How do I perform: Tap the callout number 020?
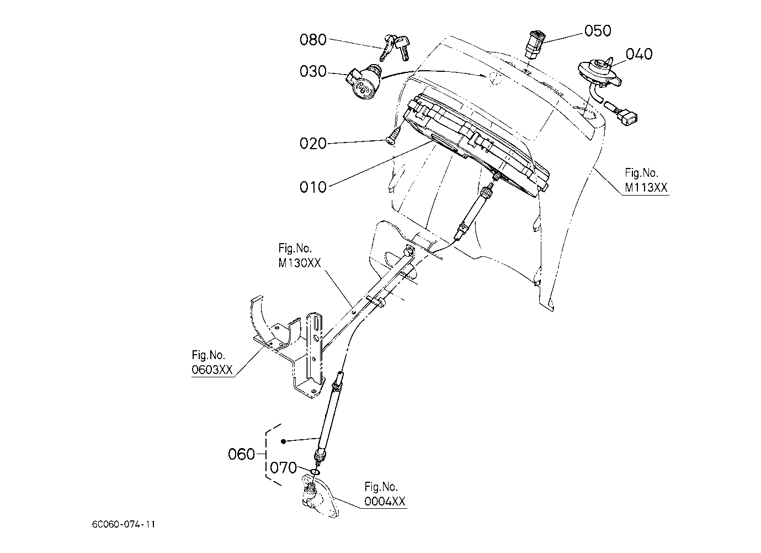313,144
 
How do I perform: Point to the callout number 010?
313,187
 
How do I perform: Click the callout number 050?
598,31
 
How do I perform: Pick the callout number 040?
638,54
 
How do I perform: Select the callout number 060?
242,455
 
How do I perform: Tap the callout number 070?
284,468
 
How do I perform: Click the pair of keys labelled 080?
395,46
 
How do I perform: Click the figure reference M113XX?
646,188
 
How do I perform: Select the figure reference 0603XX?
212,370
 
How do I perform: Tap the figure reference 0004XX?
385,502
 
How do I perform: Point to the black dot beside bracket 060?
283,441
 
